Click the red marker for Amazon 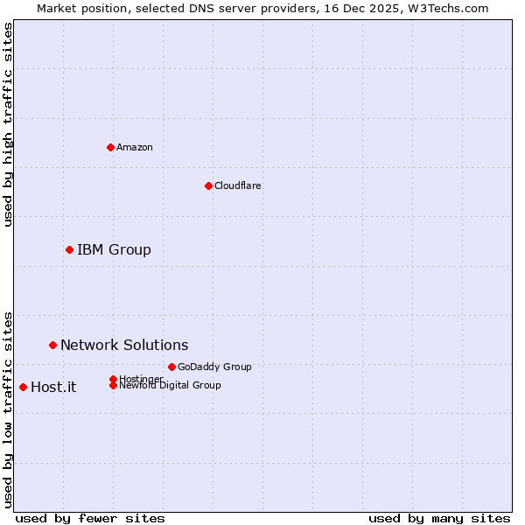[x=110, y=147]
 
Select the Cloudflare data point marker [x=208, y=185]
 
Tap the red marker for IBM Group [x=69, y=250]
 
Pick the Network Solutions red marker [x=52, y=346]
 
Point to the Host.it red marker [x=23, y=388]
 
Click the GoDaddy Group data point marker [x=171, y=367]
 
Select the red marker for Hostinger [x=113, y=379]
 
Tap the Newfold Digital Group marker [x=113, y=386]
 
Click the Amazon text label [x=135, y=147]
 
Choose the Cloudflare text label [x=238, y=185]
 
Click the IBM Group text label [x=114, y=250]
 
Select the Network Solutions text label [x=124, y=346]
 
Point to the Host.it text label [x=53, y=388]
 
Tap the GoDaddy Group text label [x=214, y=367]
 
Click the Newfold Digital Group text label [x=171, y=386]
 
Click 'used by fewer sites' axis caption [x=90, y=518]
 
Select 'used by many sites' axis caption [x=439, y=518]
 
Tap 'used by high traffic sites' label [x=8, y=124]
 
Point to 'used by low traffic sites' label [x=8, y=409]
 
